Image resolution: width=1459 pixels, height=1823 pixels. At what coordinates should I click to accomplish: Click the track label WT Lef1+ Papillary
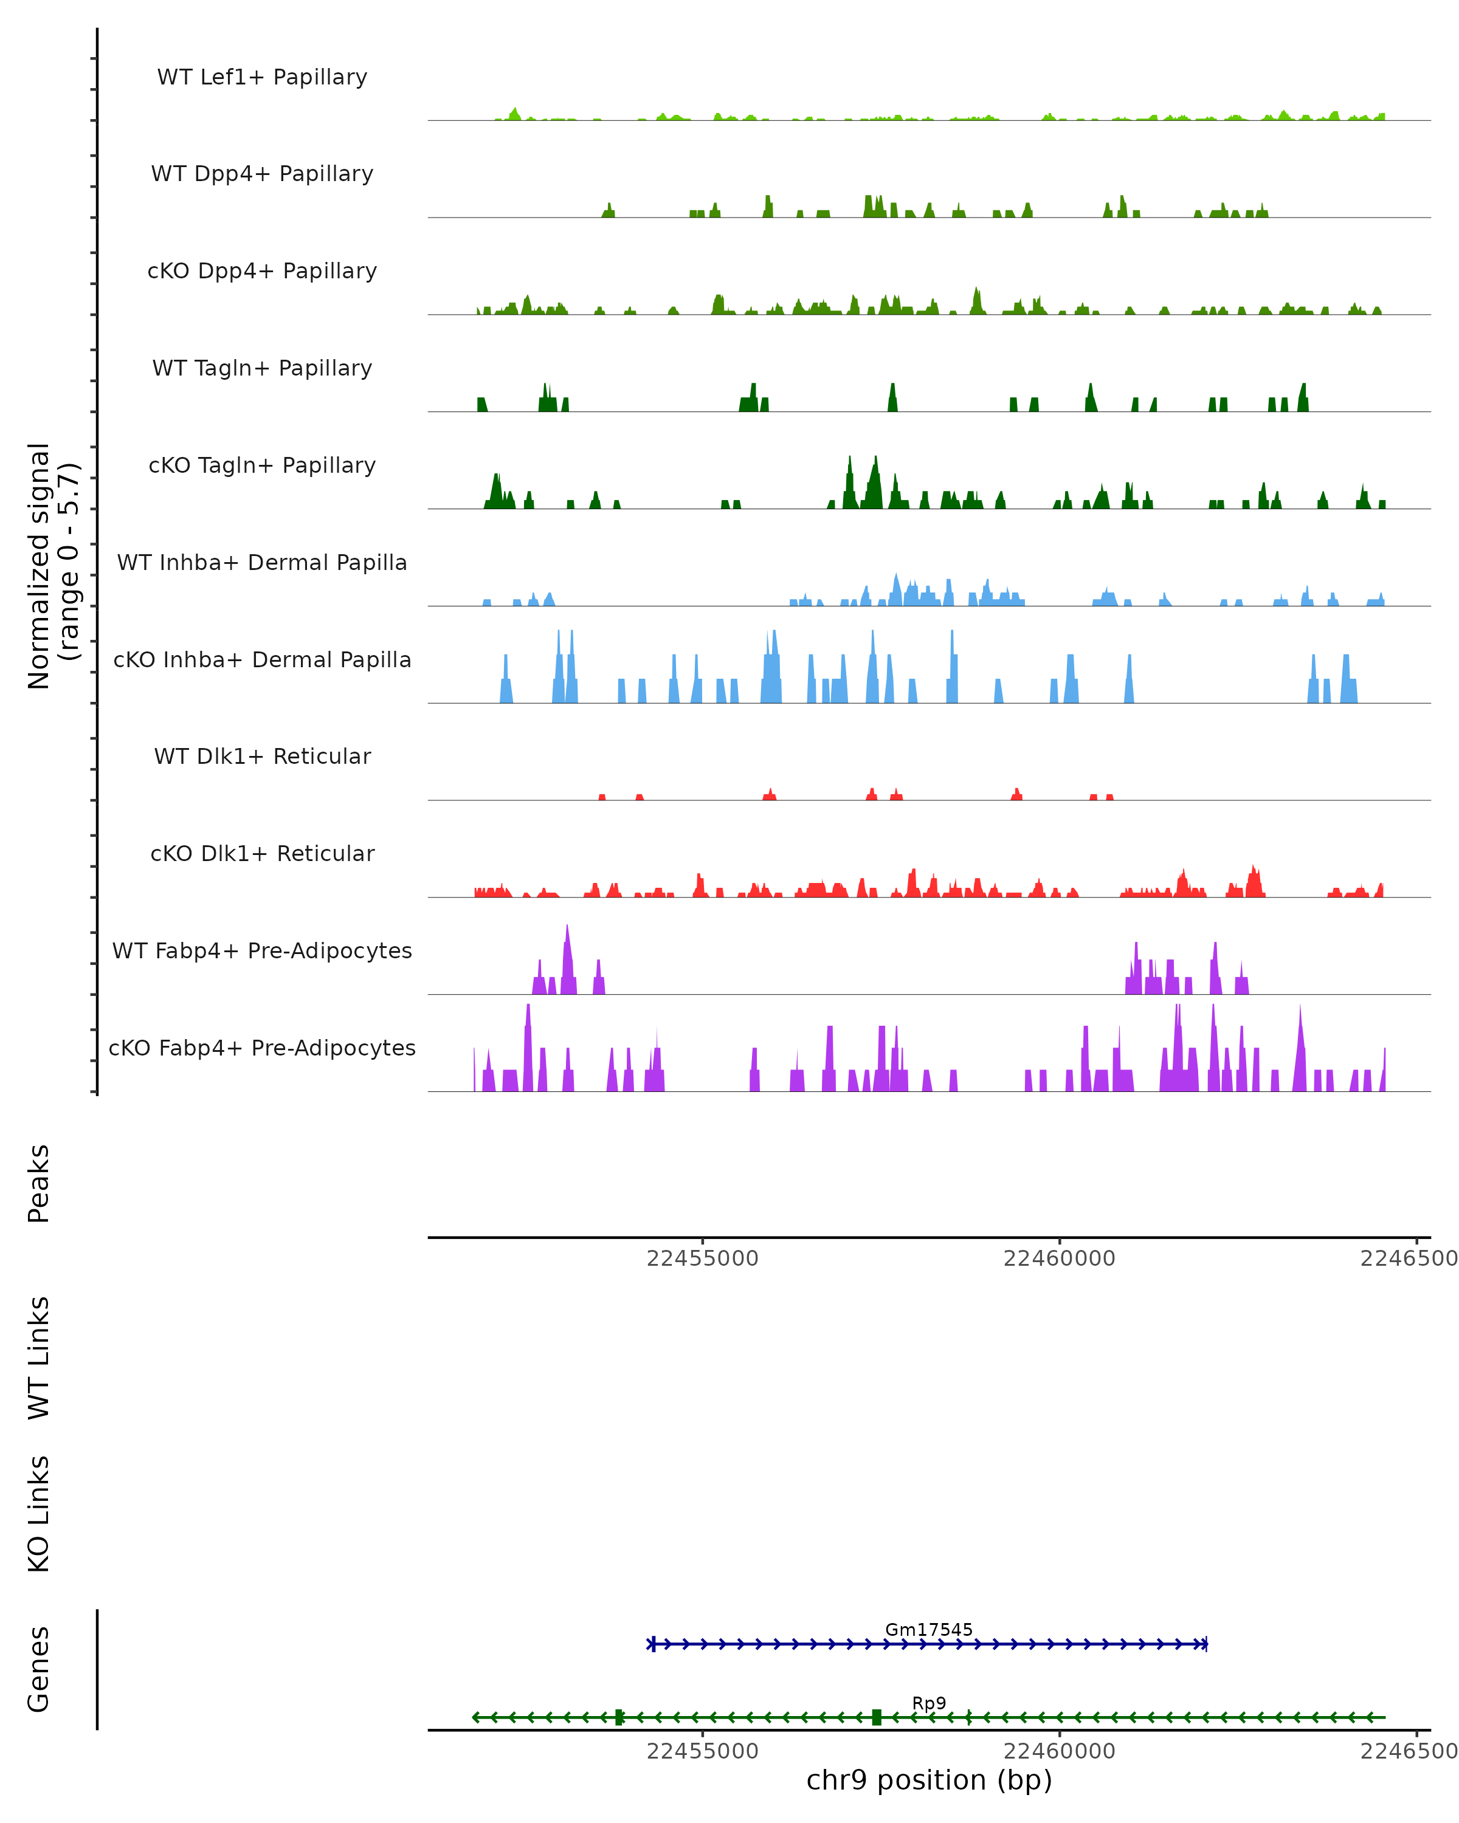[262, 77]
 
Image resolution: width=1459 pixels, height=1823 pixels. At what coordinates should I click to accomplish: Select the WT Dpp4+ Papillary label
[262, 174]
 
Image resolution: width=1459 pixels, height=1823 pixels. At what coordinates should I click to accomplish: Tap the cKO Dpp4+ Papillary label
[262, 272]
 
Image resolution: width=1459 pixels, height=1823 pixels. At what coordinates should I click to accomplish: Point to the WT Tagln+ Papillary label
[262, 369]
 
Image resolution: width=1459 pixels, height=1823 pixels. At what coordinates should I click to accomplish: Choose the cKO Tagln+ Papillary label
[262, 466]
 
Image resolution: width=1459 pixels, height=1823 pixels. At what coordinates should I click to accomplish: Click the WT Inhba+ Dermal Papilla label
[262, 563]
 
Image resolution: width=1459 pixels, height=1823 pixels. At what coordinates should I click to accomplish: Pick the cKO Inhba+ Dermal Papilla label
[262, 661]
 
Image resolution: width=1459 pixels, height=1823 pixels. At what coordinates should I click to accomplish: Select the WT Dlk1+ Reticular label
[262, 757]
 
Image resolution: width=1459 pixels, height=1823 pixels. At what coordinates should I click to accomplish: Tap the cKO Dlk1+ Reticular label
[262, 854]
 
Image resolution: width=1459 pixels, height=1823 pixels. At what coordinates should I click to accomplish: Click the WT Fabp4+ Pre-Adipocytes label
[262, 951]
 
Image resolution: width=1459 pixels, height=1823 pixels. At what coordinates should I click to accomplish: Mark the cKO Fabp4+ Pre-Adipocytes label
[262, 1048]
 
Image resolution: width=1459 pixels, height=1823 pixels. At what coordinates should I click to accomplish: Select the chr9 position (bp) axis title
[929, 1780]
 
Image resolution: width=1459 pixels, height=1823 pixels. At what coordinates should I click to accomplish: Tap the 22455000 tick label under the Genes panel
[702, 1751]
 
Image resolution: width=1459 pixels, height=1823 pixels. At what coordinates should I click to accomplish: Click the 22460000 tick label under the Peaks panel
[1059, 1259]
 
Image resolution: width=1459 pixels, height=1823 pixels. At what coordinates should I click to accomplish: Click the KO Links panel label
[39, 1514]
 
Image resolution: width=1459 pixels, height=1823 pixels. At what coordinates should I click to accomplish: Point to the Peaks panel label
[39, 1184]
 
